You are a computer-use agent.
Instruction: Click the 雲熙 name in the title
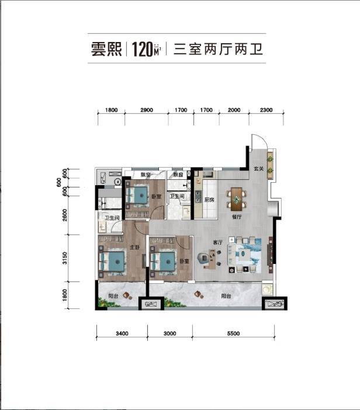[x=107, y=48]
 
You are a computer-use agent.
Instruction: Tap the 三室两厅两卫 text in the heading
[x=217, y=48]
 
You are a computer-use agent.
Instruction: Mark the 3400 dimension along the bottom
[x=122, y=333]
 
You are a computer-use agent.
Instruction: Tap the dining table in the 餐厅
[x=237, y=199]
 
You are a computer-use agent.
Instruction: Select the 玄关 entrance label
[x=259, y=170]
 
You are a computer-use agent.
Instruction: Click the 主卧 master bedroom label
[x=133, y=248]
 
